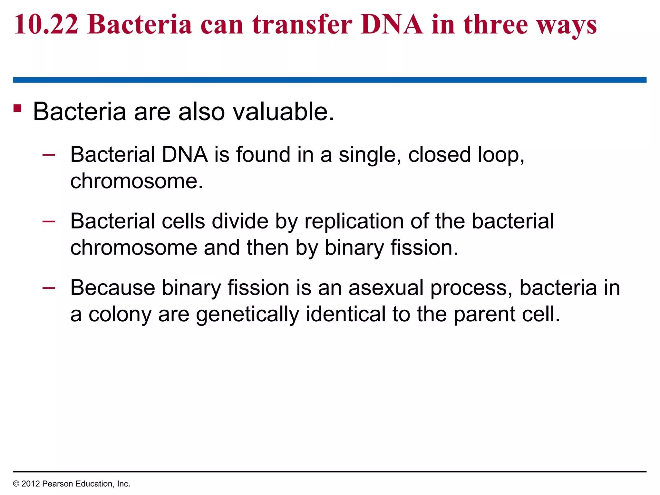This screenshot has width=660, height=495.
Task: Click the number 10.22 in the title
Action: pos(46,24)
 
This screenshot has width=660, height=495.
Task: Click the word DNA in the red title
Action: pos(392,24)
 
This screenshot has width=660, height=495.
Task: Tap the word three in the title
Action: pos(496,24)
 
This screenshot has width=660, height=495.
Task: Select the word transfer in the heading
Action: pos(302,24)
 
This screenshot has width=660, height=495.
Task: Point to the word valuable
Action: pos(284,112)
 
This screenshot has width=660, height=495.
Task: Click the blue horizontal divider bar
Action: pos(330,80)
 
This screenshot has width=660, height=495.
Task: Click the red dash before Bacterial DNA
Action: pos(49,155)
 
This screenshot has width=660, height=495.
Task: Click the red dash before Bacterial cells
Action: pos(49,221)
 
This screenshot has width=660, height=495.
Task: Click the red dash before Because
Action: pos(49,288)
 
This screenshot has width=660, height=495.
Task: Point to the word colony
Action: pos(120,315)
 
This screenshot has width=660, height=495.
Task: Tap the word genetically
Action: pos(247,315)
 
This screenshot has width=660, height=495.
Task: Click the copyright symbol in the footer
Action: pos(16,484)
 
